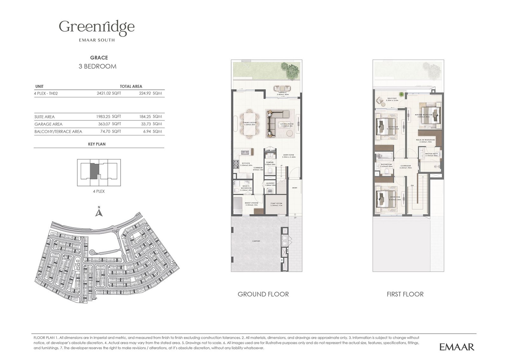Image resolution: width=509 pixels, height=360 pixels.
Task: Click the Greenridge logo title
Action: (97, 27)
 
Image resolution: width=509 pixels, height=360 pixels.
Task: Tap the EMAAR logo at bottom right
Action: (457, 347)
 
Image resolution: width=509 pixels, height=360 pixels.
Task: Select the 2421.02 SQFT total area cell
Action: (108, 94)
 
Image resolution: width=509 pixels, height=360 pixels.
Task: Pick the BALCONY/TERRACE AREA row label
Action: (58, 131)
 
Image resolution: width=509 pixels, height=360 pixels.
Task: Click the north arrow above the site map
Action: (99, 212)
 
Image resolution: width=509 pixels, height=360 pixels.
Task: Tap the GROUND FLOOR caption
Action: (263, 294)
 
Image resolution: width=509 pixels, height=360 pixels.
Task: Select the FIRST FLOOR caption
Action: (405, 294)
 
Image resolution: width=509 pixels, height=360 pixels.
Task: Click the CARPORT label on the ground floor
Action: (256, 241)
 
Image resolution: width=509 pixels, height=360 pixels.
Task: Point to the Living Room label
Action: (286, 125)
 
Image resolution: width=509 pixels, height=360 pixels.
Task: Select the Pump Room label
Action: (276, 204)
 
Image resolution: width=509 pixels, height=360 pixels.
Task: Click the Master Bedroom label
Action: (423, 116)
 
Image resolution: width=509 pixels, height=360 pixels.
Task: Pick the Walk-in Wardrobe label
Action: (425, 141)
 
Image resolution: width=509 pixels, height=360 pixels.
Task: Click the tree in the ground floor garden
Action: (291, 71)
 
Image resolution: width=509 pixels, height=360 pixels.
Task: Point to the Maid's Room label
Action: (251, 204)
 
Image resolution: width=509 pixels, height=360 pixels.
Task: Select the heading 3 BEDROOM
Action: (97, 67)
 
